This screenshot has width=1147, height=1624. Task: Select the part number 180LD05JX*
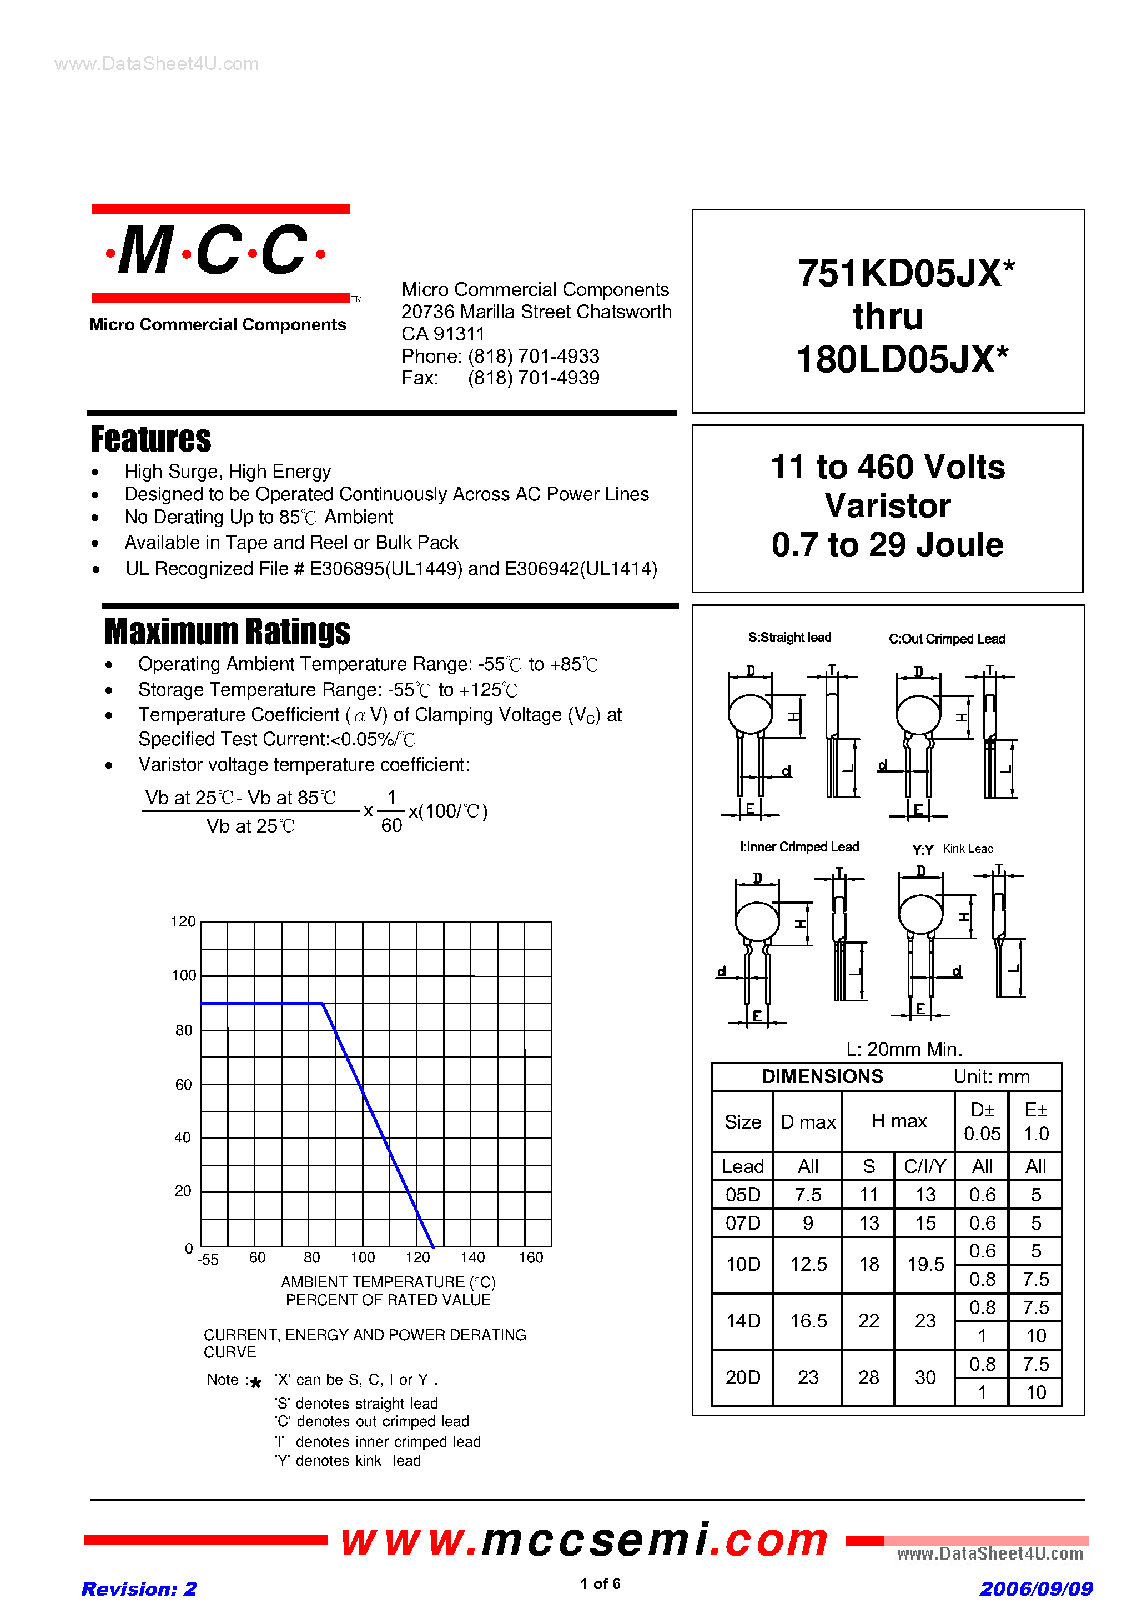click(x=902, y=359)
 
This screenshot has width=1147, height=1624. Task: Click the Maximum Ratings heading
click(x=227, y=631)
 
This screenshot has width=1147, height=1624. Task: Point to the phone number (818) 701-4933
click(x=533, y=356)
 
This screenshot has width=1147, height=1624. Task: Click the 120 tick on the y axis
click(x=183, y=921)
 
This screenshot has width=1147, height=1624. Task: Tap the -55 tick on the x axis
click(x=208, y=1260)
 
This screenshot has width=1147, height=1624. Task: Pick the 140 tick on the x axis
click(x=472, y=1257)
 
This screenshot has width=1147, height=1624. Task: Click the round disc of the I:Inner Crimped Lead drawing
click(x=757, y=921)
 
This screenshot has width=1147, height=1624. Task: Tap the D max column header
click(x=808, y=1122)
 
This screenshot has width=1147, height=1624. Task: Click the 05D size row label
click(x=742, y=1195)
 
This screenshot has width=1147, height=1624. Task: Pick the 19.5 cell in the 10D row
click(x=925, y=1264)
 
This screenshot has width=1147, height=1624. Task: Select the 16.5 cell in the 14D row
click(x=808, y=1321)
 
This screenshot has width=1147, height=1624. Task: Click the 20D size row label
click(x=742, y=1377)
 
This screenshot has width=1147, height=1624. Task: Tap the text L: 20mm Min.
click(x=904, y=1049)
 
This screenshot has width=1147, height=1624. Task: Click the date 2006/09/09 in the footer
click(x=1036, y=1588)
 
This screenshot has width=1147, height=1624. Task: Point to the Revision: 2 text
click(x=139, y=1588)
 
